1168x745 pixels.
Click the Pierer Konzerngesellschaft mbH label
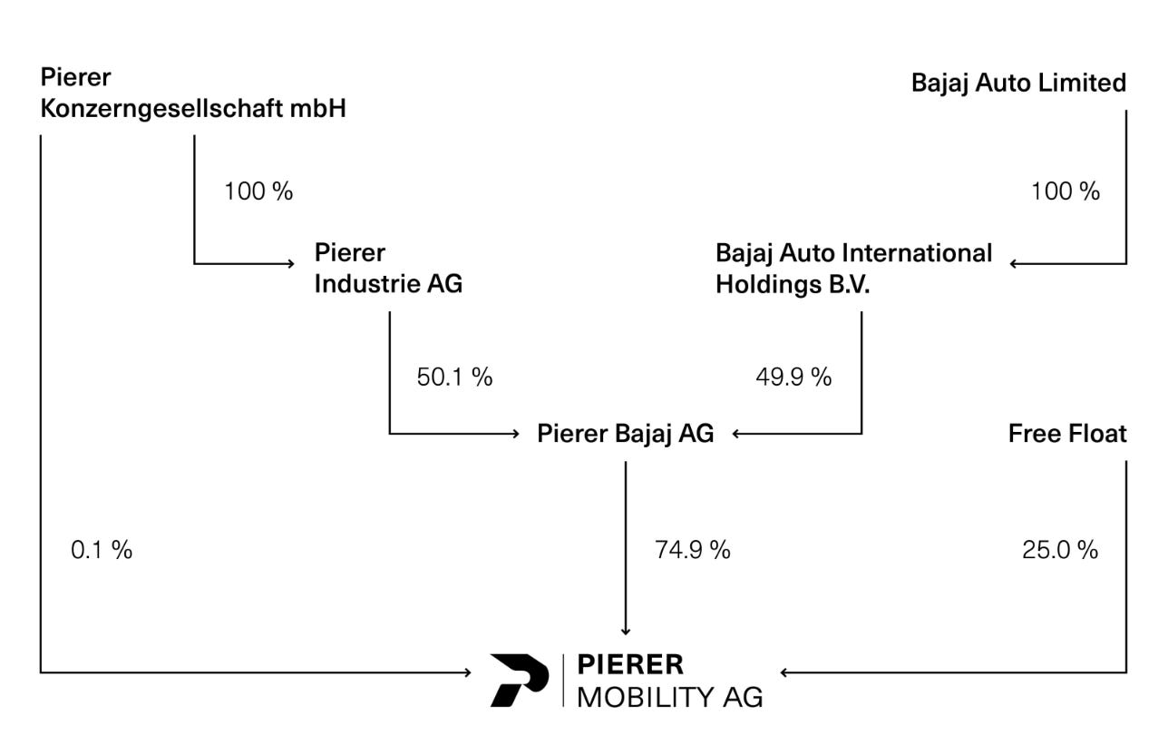point(193,93)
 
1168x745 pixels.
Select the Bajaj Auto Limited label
point(1019,83)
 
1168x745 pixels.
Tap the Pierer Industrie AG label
point(388,269)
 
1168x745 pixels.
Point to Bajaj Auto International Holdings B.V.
point(853,269)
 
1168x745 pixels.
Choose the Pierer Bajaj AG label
point(625,434)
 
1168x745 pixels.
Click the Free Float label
point(1067,434)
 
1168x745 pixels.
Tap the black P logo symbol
point(520,681)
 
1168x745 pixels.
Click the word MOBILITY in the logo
point(645,697)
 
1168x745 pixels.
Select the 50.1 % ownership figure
point(454,377)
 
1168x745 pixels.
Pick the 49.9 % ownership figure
point(793,377)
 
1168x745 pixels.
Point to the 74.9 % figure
point(693,550)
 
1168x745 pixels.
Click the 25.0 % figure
point(1059,550)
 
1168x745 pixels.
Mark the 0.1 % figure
point(102,550)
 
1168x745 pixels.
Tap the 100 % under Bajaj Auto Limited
point(1066,191)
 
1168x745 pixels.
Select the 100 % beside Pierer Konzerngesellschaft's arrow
point(258,191)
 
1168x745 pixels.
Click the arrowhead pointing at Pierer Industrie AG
point(291,263)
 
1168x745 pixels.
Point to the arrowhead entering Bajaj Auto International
point(1013,263)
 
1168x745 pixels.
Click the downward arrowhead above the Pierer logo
point(626,632)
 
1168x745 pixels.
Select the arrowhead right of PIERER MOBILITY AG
point(784,672)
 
